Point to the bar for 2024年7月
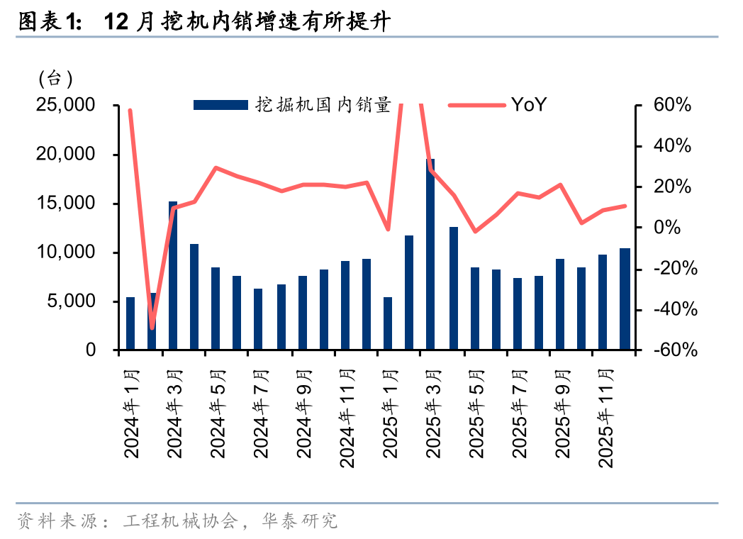click(x=258, y=319)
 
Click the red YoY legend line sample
click(x=476, y=105)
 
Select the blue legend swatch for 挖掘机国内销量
click(x=222, y=105)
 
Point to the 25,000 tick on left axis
click(x=65, y=105)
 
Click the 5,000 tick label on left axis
click(x=70, y=301)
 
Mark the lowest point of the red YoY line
click(x=152, y=328)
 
